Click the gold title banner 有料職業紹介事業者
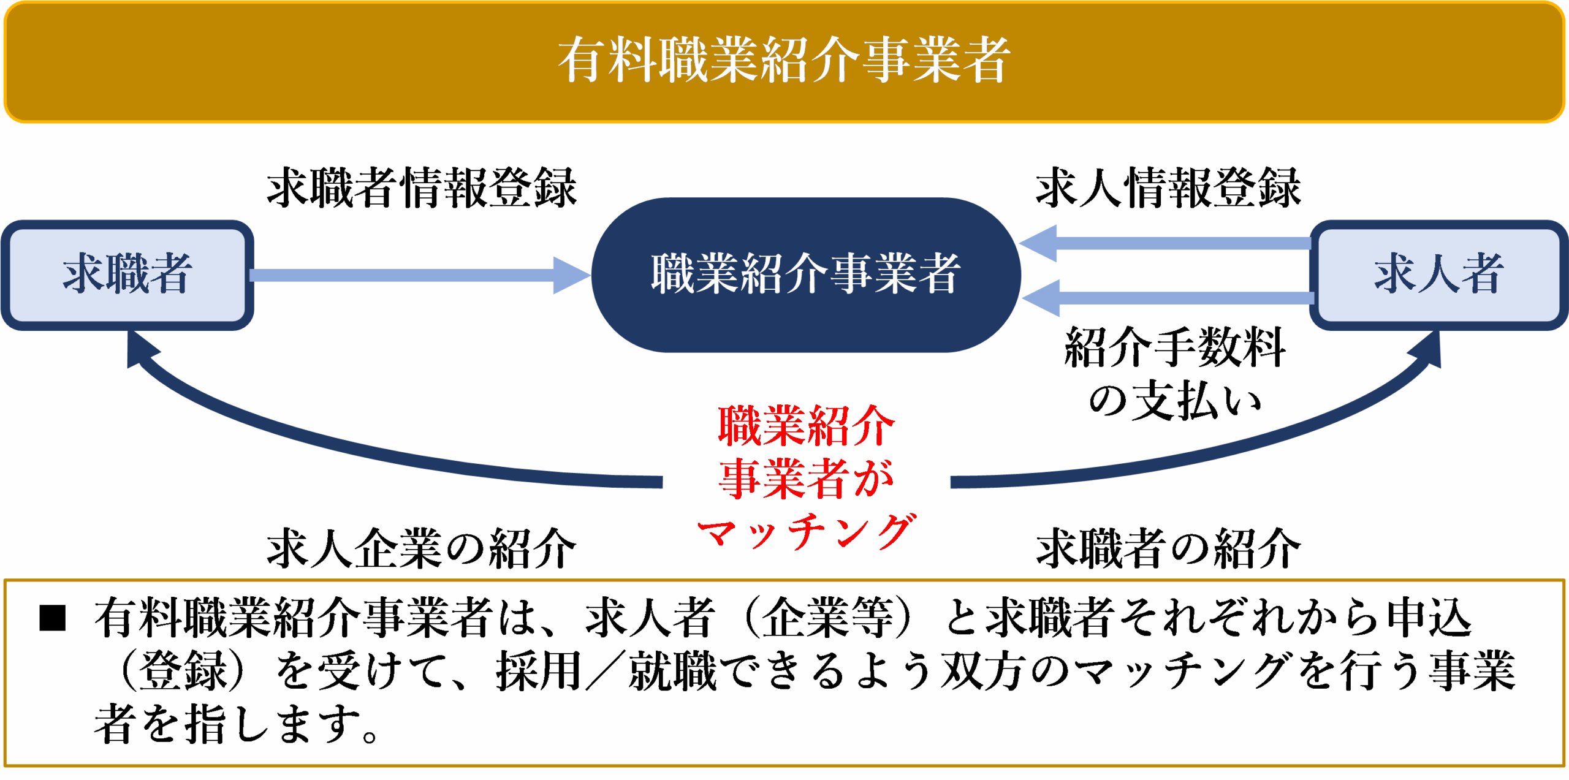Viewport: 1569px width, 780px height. click(784, 61)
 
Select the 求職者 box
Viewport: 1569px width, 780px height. click(127, 275)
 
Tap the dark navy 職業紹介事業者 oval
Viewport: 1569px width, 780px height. click(806, 275)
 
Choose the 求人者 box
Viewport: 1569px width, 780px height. click(1438, 275)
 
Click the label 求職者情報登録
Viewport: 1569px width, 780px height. click(422, 187)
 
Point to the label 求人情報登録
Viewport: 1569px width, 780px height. click(1168, 187)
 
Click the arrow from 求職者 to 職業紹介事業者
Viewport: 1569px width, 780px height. click(420, 275)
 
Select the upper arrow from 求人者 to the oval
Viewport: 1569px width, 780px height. click(1165, 243)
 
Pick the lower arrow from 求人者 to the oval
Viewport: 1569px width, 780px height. click(1168, 298)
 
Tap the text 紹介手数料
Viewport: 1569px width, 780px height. click(1175, 347)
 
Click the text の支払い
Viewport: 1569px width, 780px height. click(1175, 401)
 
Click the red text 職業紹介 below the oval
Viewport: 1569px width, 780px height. click(807, 425)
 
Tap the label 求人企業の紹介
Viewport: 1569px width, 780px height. click(422, 548)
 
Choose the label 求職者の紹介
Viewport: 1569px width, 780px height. click(1168, 548)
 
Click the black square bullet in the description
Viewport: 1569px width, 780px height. click(52, 618)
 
